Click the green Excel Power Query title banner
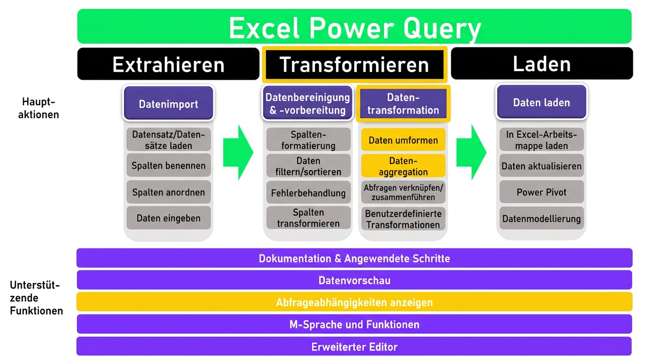click(x=354, y=27)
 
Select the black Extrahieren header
click(x=168, y=64)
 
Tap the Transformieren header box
click(x=354, y=64)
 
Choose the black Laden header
click(x=541, y=64)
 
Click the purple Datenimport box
click(x=168, y=104)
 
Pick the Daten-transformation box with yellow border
click(x=403, y=104)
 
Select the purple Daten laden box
click(x=541, y=103)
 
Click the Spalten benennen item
click(x=168, y=165)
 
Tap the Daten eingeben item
click(x=168, y=218)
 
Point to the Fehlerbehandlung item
click(x=308, y=193)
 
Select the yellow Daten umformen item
click(x=403, y=140)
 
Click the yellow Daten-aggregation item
click(x=403, y=166)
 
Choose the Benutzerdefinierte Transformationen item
click(x=403, y=219)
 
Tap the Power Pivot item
click(x=541, y=192)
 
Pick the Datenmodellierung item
click(x=541, y=218)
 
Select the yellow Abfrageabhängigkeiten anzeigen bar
click(x=354, y=302)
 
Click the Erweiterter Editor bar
click(x=354, y=347)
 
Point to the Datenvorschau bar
click(x=354, y=280)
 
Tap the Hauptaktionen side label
click(x=38, y=108)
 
